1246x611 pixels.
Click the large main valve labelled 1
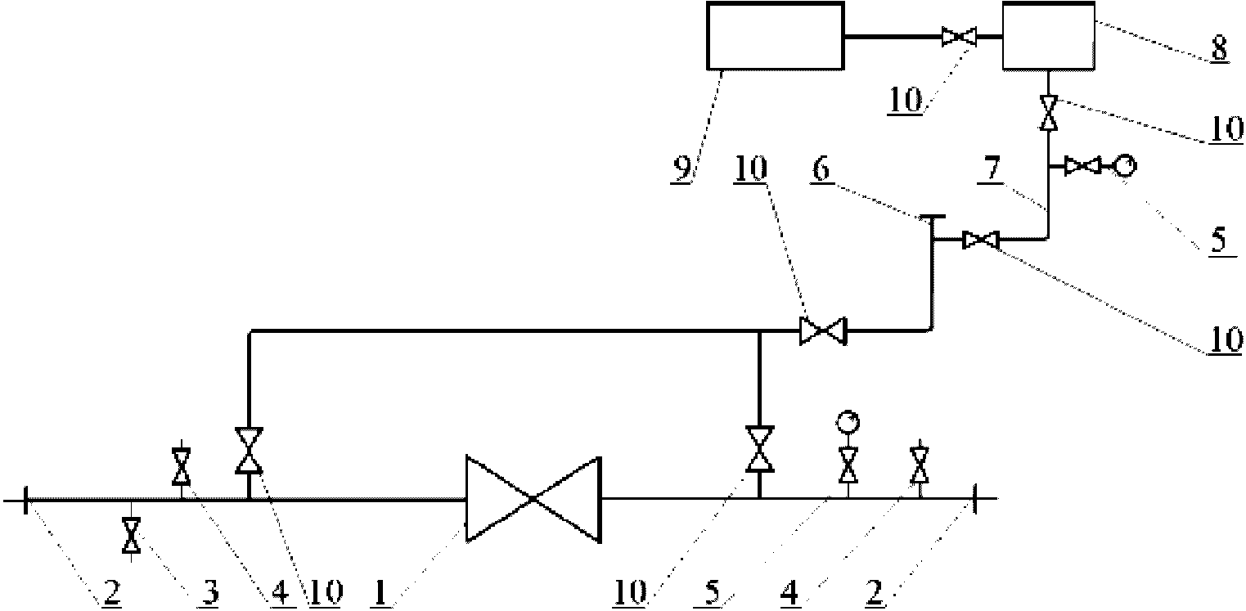click(533, 499)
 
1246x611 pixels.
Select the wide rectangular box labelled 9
click(776, 36)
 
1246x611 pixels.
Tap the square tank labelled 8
click(1049, 36)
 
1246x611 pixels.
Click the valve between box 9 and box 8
click(959, 37)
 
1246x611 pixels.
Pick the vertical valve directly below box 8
click(1049, 112)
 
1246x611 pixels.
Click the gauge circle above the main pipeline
click(848, 421)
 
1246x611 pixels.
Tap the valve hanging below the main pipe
click(131, 535)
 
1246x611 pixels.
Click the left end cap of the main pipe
click(25, 500)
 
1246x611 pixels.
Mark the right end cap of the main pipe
click(974, 499)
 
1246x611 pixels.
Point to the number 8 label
click(1219, 47)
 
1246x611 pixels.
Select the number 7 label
click(992, 168)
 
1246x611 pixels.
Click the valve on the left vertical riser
click(249, 451)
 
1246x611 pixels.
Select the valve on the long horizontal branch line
click(823, 330)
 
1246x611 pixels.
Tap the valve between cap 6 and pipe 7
click(981, 240)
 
